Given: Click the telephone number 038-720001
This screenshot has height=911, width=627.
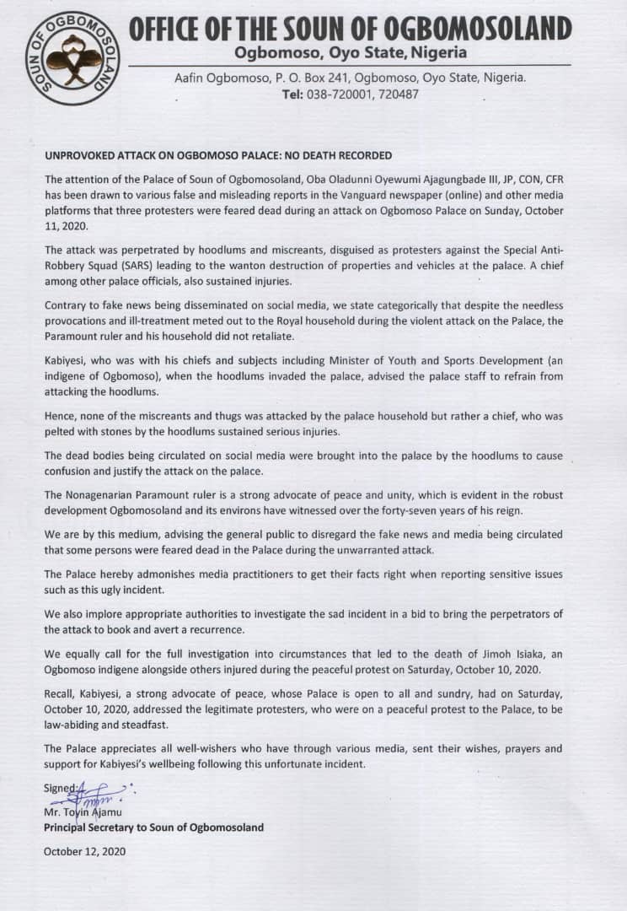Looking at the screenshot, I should coord(334,94).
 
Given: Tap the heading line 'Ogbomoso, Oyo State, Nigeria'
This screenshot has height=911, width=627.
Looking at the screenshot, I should coord(350,52).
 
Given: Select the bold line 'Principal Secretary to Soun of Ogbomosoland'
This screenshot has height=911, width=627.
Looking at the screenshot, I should coord(153,827).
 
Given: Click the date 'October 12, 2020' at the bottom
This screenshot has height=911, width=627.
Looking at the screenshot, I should coord(84,851).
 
